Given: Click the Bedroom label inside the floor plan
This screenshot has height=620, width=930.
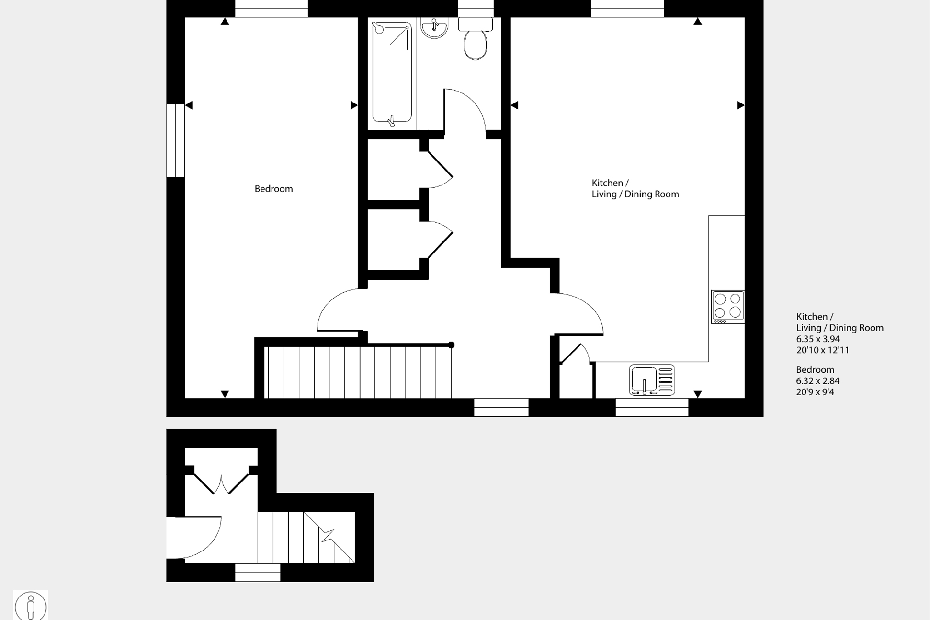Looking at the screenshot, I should [x=273, y=189].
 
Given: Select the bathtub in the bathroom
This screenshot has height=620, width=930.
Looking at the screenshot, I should [x=392, y=72].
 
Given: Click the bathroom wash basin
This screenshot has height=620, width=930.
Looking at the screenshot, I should [x=434, y=27].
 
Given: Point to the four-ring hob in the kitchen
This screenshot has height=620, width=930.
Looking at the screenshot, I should [x=727, y=306].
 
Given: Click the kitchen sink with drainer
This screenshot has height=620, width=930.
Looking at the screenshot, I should [x=652, y=380].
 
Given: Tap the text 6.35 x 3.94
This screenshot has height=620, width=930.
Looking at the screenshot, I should [x=818, y=339].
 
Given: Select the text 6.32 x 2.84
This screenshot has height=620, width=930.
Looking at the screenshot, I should [x=817, y=381].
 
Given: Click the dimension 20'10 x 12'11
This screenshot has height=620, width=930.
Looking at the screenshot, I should [x=822, y=350].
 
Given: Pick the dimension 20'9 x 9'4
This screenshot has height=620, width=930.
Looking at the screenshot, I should [x=815, y=392].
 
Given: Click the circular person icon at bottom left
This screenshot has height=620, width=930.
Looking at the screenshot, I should [x=31, y=606].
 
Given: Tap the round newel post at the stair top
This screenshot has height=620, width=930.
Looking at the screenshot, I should [x=451, y=345].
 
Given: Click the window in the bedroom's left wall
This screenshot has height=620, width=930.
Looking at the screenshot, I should [x=176, y=141].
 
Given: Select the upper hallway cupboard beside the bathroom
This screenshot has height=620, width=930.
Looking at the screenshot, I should [x=394, y=170].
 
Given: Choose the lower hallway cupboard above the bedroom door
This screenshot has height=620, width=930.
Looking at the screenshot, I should [x=394, y=240].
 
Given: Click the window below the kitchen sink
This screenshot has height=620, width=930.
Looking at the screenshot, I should [x=652, y=407].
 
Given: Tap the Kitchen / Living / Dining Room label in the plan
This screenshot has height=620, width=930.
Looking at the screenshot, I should [x=635, y=188].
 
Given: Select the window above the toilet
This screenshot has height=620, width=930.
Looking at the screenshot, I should [x=475, y=9].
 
